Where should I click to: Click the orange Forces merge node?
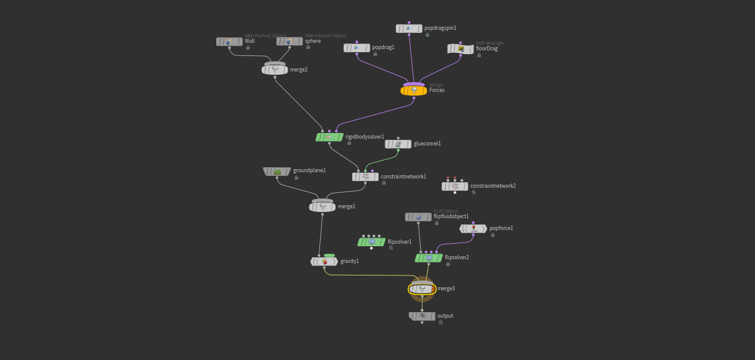(x=414, y=91)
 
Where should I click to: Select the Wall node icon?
(x=229, y=42)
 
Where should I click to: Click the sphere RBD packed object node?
(x=290, y=42)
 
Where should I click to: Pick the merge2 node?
(x=275, y=70)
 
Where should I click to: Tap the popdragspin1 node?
(x=409, y=29)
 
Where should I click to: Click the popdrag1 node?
(x=357, y=48)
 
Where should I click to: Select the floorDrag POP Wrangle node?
(x=460, y=48)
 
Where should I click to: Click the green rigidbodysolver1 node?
(x=329, y=137)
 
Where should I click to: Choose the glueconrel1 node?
(x=398, y=144)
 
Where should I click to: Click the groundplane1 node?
(x=277, y=171)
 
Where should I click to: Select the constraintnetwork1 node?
(x=365, y=177)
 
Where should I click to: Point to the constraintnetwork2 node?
(x=455, y=186)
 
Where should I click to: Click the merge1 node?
(x=322, y=206)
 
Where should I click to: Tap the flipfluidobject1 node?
(x=418, y=217)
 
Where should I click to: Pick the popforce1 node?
(x=474, y=229)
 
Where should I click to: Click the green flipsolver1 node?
(x=372, y=242)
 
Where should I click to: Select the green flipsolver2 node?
(x=429, y=257)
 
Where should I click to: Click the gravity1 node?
(x=324, y=262)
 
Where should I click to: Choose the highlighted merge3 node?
(x=422, y=289)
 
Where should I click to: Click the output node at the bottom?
(x=422, y=316)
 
